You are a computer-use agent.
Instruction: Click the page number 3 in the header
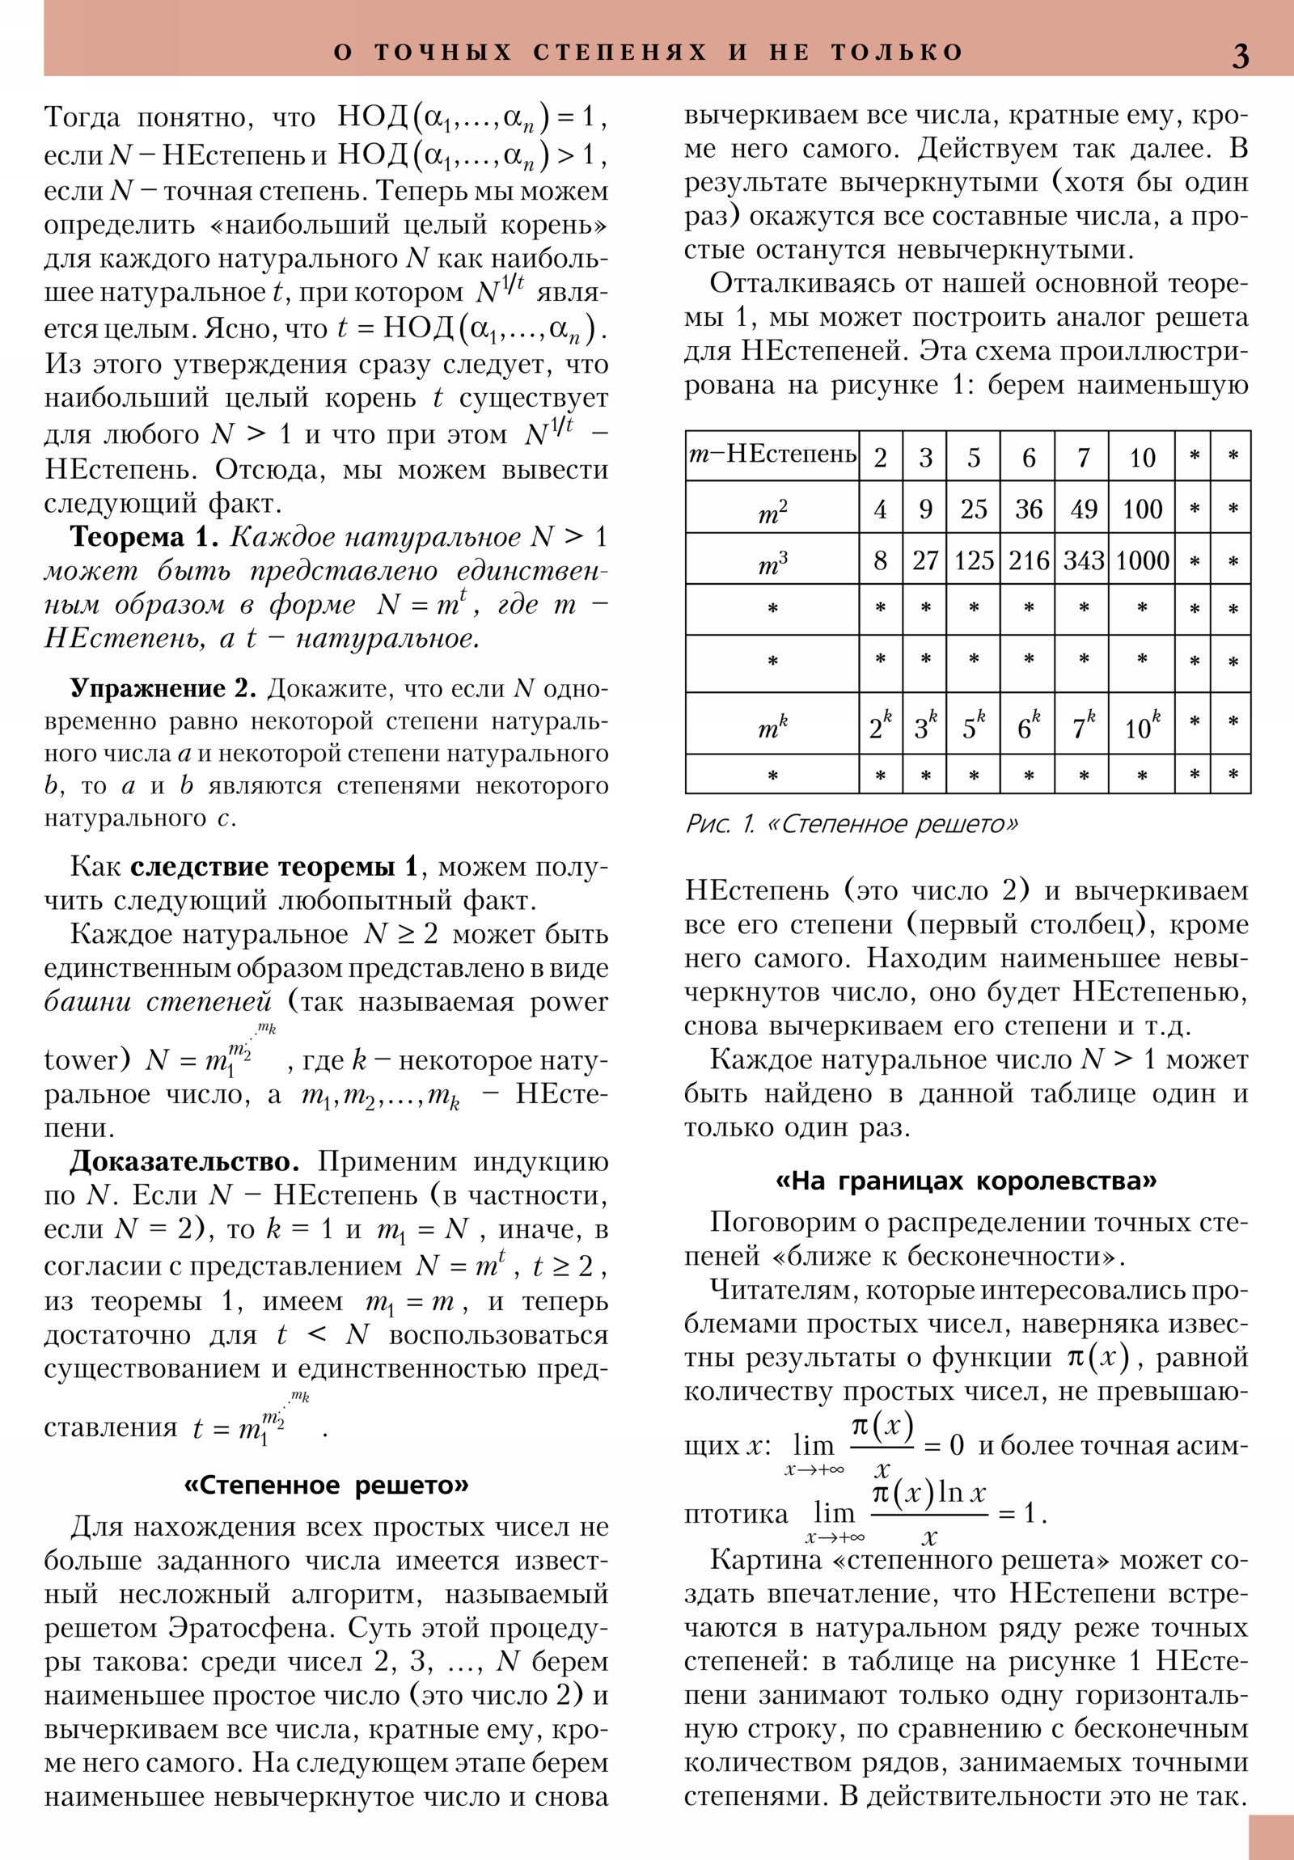[1240, 55]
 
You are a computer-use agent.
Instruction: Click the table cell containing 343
[1084, 560]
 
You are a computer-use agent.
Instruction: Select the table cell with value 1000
[1142, 560]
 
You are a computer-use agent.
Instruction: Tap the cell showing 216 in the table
[1028, 560]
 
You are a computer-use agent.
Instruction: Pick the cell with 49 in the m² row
[1084, 509]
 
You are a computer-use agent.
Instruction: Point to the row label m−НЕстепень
[772, 454]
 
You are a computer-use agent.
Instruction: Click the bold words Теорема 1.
[144, 537]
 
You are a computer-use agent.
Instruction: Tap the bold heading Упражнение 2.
[163, 688]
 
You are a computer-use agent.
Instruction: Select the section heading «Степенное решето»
[327, 1486]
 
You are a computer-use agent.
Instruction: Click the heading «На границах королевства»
[966, 1182]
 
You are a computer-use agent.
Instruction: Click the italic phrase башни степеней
[158, 1002]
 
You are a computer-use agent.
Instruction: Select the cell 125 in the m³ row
[973, 560]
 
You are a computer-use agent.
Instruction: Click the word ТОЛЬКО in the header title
[897, 53]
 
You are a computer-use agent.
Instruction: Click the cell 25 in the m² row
[973, 509]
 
